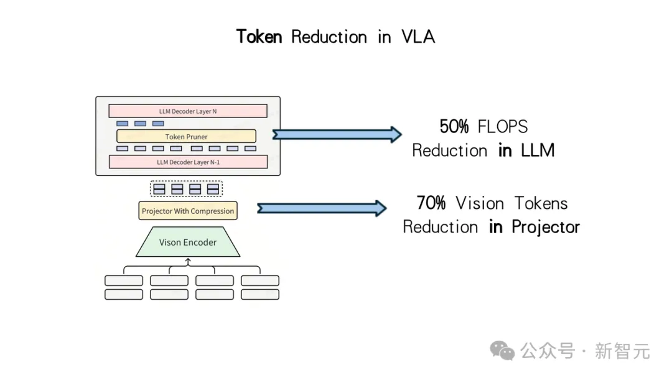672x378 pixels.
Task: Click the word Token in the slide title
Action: tap(259, 37)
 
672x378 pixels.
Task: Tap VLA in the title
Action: tap(418, 37)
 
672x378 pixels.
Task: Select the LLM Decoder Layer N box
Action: tap(188, 111)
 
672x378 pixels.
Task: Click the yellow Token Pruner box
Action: tap(187, 137)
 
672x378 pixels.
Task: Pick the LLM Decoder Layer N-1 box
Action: tap(188, 162)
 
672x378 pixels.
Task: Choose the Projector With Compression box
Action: tap(188, 211)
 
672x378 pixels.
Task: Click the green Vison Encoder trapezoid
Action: tap(188, 242)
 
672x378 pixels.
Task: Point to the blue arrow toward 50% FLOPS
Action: tap(337, 134)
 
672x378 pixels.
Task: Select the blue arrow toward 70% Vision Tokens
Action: tap(322, 208)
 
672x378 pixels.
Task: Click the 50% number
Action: tap(454, 127)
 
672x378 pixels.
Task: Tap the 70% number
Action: tap(431, 203)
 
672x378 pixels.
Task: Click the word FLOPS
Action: tap(503, 127)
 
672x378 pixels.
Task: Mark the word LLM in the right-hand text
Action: tap(538, 150)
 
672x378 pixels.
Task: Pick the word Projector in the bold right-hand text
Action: tap(546, 228)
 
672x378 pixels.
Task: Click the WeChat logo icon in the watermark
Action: tap(502, 351)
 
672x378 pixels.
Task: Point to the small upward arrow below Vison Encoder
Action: tap(188, 262)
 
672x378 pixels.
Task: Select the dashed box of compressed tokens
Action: tap(187, 189)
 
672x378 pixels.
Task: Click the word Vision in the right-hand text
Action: tap(480, 203)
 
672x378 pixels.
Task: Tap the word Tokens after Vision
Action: tap(541, 203)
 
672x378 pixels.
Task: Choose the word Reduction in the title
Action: tap(329, 37)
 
